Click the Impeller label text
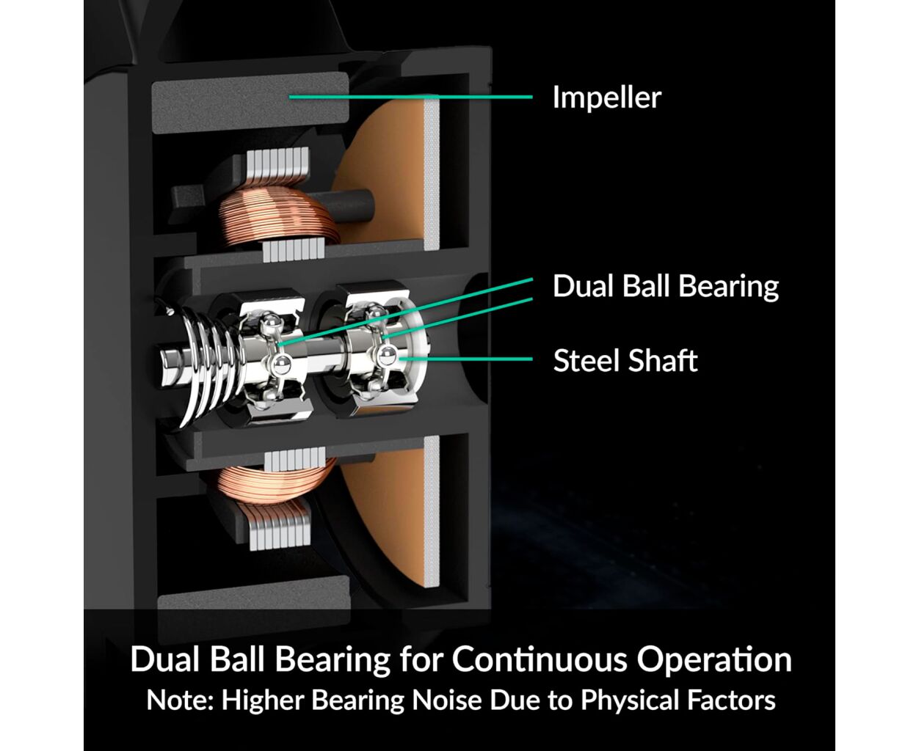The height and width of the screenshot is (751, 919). click(x=606, y=98)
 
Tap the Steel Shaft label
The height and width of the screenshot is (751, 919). click(x=625, y=361)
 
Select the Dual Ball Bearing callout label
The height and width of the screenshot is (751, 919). click(x=666, y=287)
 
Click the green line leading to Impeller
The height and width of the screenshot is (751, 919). click(x=411, y=97)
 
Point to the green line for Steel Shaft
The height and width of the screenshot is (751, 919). click(x=466, y=359)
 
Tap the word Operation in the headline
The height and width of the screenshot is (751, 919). click(x=714, y=661)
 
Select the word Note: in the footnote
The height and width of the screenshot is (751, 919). click(x=181, y=700)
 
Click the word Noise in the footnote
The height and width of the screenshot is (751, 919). click(x=446, y=700)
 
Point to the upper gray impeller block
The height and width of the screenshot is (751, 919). click(x=250, y=103)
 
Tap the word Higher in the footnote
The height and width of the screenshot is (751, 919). click(x=263, y=700)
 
